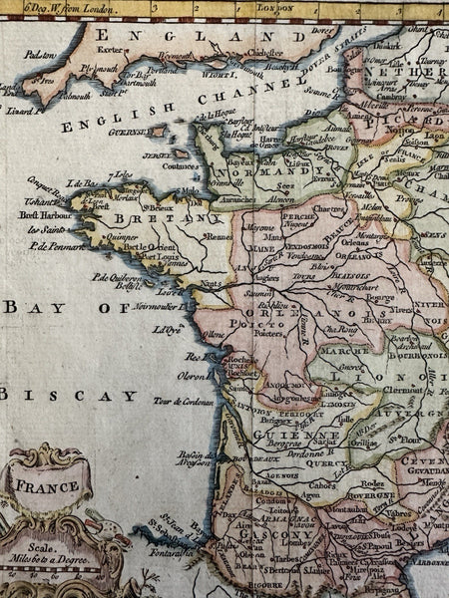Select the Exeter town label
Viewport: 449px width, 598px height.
(x=110, y=48)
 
